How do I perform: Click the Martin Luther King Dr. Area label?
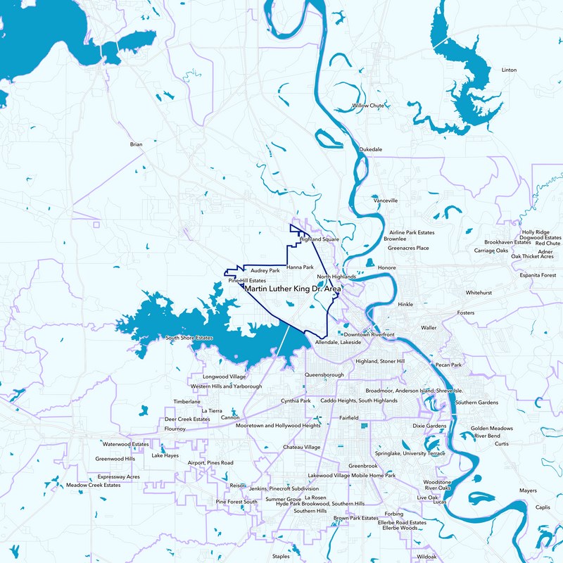(x=292, y=289)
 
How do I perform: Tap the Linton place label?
(x=509, y=70)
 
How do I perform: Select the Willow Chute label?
(x=368, y=106)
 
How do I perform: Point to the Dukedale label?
(x=371, y=150)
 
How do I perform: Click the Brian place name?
(x=137, y=144)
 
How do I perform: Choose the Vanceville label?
(x=386, y=201)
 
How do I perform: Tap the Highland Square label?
(x=320, y=239)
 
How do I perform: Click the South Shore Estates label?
(x=189, y=338)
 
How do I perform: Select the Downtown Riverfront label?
(x=369, y=334)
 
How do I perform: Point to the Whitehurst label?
(x=479, y=292)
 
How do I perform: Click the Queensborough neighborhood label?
(x=324, y=375)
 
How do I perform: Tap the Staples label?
(x=281, y=557)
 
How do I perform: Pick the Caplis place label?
(x=543, y=507)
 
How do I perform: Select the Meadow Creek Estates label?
(x=94, y=485)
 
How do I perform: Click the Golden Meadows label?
(x=492, y=428)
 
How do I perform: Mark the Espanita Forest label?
(x=538, y=275)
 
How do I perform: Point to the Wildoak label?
(x=426, y=557)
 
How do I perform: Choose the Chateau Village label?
(x=301, y=448)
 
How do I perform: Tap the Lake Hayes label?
(x=165, y=455)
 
